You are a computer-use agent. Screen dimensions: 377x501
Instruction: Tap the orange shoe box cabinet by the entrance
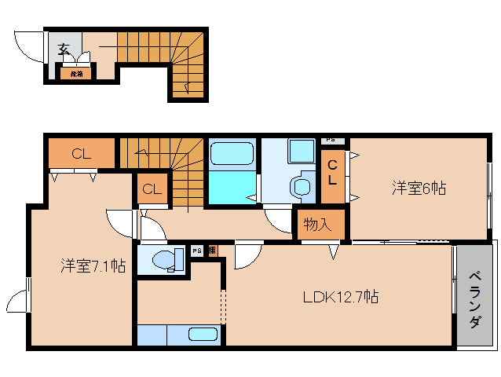point(77,73)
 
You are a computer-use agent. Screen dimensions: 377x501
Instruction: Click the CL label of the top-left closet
point(82,153)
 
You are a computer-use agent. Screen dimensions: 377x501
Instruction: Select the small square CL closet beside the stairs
point(152,188)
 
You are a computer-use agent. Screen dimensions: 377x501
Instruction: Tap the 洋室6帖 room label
point(419,188)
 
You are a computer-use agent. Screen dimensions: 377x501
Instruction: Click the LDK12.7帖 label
point(342,297)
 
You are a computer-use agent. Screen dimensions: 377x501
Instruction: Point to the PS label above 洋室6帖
point(331,140)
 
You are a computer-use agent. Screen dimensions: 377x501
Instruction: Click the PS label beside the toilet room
point(197,251)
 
